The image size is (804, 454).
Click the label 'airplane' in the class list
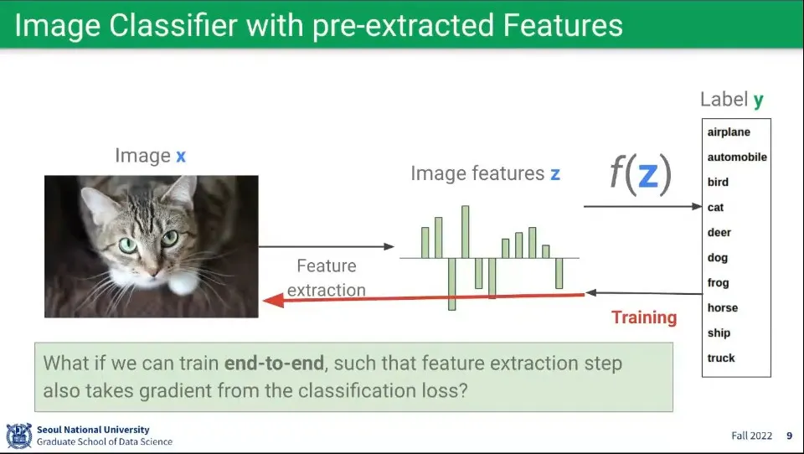pos(729,132)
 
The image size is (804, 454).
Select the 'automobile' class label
pos(737,157)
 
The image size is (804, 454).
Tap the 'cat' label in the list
pos(715,207)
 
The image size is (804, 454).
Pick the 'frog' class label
pos(718,282)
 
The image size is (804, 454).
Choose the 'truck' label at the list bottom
pos(721,358)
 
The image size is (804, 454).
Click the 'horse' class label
pos(723,307)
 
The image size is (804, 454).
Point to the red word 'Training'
pos(644,317)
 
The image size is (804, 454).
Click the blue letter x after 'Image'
pos(181,157)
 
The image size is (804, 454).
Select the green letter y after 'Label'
pos(759,101)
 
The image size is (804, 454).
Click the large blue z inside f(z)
pos(647,174)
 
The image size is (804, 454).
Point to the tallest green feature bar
pos(465,232)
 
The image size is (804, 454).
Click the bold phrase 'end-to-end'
pos(275,364)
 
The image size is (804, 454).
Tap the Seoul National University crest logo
pos(19,436)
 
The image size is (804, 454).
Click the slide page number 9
pos(789,436)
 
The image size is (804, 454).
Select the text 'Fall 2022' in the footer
pos(752,436)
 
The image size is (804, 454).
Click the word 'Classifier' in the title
pos(173,25)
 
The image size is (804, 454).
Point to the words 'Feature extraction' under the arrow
pos(327,278)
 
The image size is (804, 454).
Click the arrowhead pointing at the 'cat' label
pos(697,206)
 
